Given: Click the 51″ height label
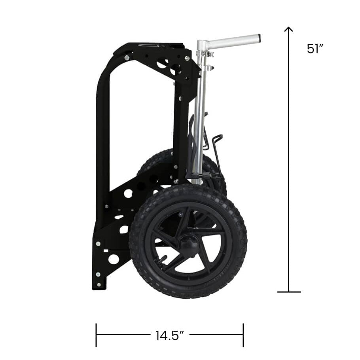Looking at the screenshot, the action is (x=315, y=49).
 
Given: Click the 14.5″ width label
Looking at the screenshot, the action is (x=170, y=335).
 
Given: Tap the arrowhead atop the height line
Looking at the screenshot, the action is (x=289, y=29).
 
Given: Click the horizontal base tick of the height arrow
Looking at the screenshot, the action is (x=289, y=292).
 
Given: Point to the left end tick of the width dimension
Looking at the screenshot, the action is (x=96, y=335).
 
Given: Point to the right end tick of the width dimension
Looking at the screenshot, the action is (x=243, y=335).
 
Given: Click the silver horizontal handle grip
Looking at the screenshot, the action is (x=233, y=40).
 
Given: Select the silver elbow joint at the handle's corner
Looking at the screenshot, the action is (x=202, y=44).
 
